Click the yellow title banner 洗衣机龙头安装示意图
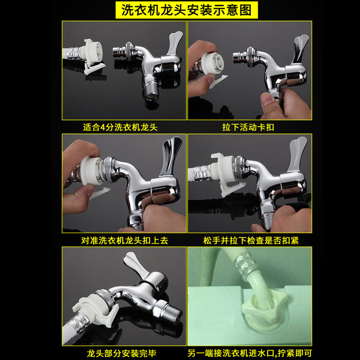[x=187, y=10]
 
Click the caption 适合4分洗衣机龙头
[x=120, y=127]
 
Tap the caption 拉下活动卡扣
[x=248, y=127]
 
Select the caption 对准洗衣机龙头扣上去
[x=125, y=240]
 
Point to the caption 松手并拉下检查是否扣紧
[x=251, y=240]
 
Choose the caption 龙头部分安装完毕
[x=121, y=353]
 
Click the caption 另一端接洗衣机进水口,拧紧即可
[x=250, y=353]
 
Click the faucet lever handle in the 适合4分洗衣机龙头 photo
[x=175, y=43]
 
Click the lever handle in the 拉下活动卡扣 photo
[x=300, y=48]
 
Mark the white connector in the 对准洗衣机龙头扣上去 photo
[x=91, y=170]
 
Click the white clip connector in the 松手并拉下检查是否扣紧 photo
[x=225, y=174]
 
